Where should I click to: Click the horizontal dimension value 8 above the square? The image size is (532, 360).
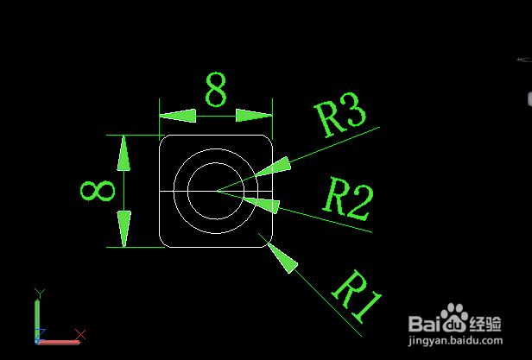[216, 90]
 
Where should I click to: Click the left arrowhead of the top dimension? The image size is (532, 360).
[178, 116]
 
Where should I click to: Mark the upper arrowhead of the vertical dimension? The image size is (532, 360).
[124, 153]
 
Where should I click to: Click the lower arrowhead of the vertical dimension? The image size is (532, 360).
[124, 228]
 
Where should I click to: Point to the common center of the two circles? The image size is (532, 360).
[216, 190]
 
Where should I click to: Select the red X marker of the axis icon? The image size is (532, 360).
[80, 334]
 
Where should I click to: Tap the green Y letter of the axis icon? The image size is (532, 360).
[38, 294]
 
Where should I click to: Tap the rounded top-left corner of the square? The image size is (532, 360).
[164, 140]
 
